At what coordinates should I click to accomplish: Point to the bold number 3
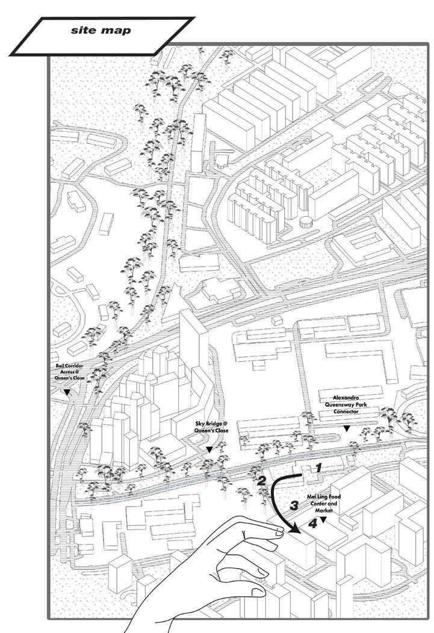point(294,505)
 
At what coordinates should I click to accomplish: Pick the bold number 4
point(312,523)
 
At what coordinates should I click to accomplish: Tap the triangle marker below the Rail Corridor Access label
point(67,392)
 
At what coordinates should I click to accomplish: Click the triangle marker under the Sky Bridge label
point(209,449)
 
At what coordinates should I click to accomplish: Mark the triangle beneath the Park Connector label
point(346,428)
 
